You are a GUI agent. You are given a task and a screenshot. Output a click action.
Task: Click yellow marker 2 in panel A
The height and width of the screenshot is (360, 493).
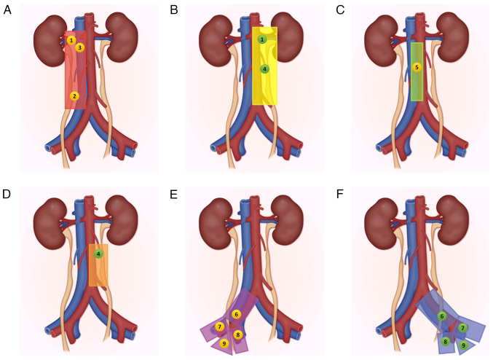tap(74, 95)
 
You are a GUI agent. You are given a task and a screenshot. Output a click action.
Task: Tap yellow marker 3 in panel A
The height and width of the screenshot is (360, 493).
tap(80, 47)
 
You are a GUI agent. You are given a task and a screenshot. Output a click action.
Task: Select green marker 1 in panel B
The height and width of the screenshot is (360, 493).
tap(261, 39)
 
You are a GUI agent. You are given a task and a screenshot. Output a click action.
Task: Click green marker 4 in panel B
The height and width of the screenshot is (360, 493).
tap(264, 69)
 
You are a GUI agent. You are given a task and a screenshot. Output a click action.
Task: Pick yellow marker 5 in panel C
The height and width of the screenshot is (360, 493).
tap(417, 67)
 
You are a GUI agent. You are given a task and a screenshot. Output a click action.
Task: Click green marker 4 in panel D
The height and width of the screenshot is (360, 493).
tap(98, 254)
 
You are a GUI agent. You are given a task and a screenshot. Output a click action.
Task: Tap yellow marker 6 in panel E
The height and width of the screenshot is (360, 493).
tap(236, 314)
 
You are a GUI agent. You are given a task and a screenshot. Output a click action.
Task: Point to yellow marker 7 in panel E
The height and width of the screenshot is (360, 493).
tap(219, 326)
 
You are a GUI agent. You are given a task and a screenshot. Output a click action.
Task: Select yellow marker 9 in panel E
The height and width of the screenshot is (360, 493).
tap(224, 343)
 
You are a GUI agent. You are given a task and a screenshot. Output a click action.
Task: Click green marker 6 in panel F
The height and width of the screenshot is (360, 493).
tap(442, 316)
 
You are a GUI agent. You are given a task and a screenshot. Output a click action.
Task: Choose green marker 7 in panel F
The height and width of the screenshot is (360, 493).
tap(462, 328)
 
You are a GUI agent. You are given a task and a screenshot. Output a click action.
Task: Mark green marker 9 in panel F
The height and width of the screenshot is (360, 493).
tap(463, 345)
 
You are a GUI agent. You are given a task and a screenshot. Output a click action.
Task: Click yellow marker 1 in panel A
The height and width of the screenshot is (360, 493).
tap(71, 40)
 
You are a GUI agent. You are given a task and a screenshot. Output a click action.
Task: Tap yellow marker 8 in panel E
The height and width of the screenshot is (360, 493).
tap(238, 334)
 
